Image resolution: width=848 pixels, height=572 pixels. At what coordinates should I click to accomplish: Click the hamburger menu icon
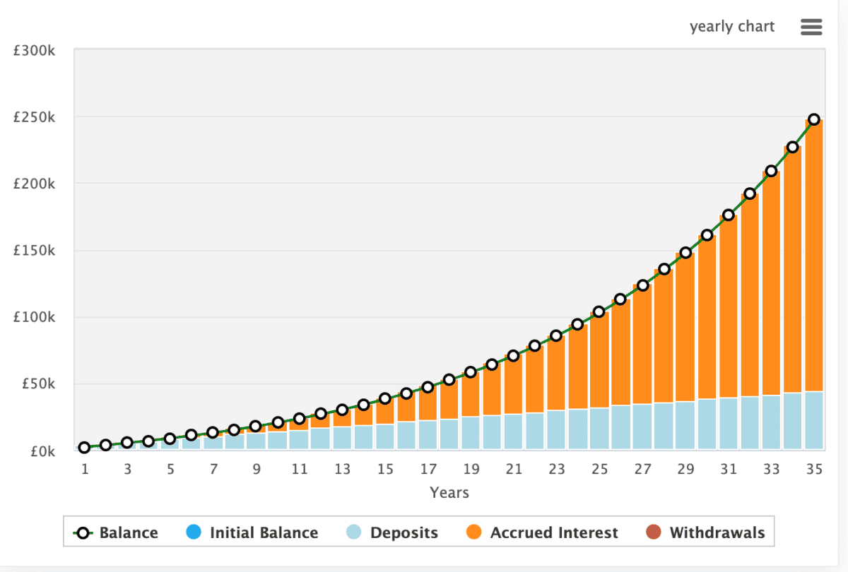[x=811, y=28]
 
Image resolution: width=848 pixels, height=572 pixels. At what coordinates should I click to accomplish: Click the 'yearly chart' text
[x=732, y=27]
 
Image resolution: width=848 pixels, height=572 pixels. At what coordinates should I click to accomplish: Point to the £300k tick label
[x=35, y=51]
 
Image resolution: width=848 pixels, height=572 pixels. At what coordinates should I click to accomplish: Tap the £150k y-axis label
[x=35, y=251]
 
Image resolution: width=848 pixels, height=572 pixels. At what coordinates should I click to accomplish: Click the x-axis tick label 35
[x=814, y=469]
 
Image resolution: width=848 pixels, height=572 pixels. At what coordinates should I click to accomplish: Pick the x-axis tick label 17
[x=428, y=469]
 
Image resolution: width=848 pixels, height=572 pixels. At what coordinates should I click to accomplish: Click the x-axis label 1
[x=85, y=469]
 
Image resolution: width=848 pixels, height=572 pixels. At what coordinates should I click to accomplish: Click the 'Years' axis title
[x=449, y=492]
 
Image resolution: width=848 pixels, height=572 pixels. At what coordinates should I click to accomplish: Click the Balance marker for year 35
[x=814, y=119]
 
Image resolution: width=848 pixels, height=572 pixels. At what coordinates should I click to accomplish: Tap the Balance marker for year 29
[x=685, y=252]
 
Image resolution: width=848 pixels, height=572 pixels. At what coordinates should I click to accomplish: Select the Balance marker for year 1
[x=85, y=447]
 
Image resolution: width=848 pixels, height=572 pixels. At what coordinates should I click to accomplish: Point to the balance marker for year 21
[x=514, y=356]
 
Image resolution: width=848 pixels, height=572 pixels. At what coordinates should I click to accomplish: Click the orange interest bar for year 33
[x=771, y=282]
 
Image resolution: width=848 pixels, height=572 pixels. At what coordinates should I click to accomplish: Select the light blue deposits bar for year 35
[x=814, y=420]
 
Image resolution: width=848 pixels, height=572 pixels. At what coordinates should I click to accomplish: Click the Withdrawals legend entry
[x=707, y=532]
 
